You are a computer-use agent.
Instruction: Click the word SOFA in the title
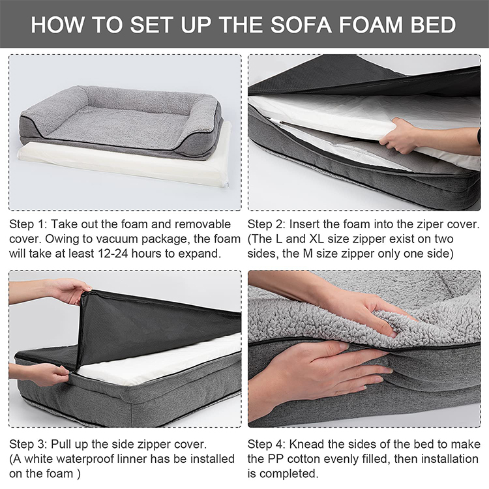click(301, 24)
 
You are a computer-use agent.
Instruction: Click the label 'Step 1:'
click(28, 224)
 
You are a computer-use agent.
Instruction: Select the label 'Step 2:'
click(266, 224)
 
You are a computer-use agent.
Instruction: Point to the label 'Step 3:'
click(28, 444)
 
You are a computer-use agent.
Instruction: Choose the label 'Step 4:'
click(267, 444)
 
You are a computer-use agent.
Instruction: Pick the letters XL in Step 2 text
click(317, 239)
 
